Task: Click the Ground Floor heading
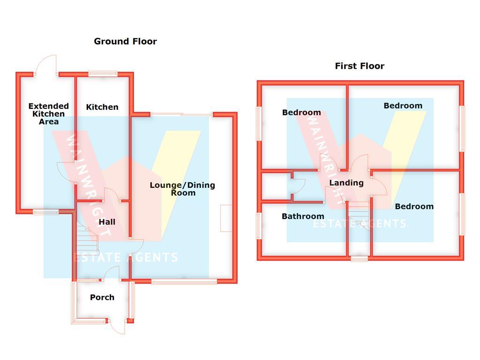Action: point(125,41)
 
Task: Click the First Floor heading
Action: point(360,66)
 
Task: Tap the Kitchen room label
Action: point(102,107)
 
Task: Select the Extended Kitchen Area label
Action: point(48,114)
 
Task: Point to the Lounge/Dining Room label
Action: point(182,189)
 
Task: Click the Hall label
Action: point(107,222)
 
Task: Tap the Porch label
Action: point(102,297)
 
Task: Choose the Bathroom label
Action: point(303,217)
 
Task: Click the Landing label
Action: point(346,183)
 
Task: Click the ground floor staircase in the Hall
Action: point(87,236)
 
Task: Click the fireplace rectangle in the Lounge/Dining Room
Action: point(226,218)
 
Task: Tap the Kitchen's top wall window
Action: point(103,74)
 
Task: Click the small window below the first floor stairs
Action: point(360,259)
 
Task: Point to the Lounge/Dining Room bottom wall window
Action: point(184,282)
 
